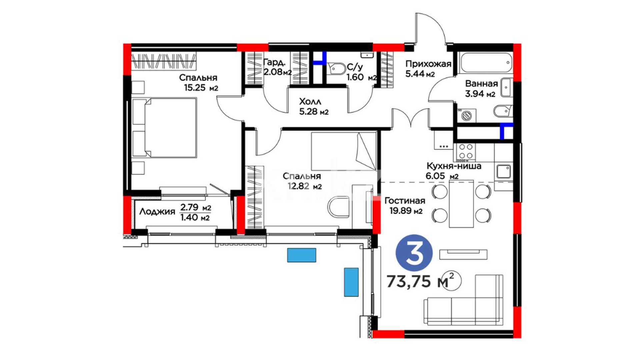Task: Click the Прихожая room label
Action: coord(428,64)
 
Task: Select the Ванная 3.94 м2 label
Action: coord(481,89)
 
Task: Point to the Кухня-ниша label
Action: coord(454,166)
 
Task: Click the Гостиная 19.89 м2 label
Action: coord(405,206)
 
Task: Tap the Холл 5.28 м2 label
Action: coord(314,106)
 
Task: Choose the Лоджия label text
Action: coord(157,211)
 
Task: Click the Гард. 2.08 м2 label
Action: coord(277,67)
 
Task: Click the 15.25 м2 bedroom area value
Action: coord(201,88)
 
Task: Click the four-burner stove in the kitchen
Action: coord(466,151)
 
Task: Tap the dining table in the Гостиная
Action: coord(461,204)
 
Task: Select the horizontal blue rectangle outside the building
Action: coord(302,255)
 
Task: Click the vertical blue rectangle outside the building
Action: coord(351,282)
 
